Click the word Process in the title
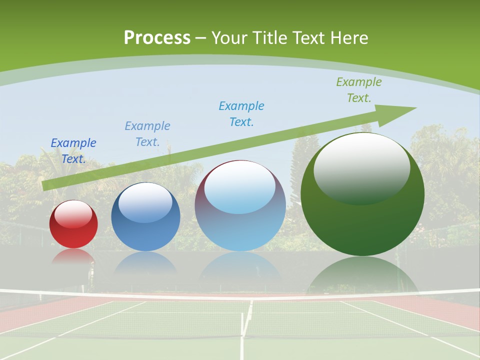pos(157,38)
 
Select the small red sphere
pos(73,224)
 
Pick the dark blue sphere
pos(145,217)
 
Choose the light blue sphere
pos(240,206)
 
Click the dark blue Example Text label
pos(73,150)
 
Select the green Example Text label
pos(358,89)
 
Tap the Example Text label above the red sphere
pos(73,150)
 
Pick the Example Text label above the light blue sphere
pos(241,113)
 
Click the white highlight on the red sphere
pos(73,214)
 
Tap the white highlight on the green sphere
pos(361,167)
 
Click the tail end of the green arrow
pos(47,185)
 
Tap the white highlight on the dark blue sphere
pos(145,203)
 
